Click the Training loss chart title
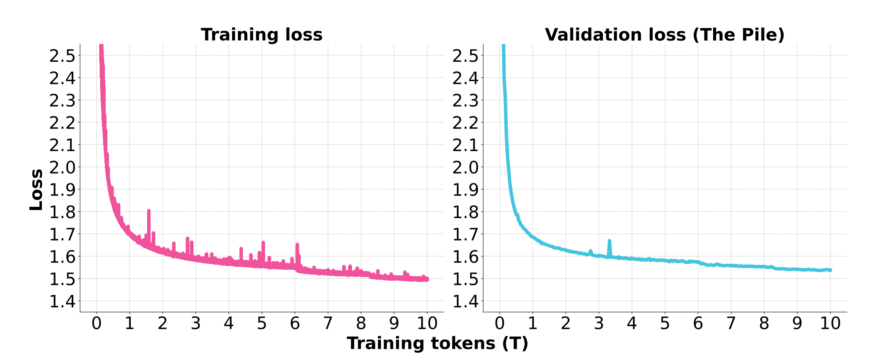click(261, 35)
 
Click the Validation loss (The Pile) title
click(664, 35)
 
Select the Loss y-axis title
click(36, 189)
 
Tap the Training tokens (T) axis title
click(437, 344)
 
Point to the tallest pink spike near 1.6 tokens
click(149, 212)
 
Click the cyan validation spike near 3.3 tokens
click(609, 242)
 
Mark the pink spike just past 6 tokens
click(297, 246)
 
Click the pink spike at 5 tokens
click(263, 243)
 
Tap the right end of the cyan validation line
click(830, 270)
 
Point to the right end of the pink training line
click(427, 279)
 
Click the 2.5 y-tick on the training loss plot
click(62, 56)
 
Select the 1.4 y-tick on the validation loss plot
click(465, 301)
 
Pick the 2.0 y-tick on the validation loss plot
click(465, 167)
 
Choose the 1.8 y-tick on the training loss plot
click(62, 212)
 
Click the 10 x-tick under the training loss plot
click(427, 323)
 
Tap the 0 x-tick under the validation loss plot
click(500, 323)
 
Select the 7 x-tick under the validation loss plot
click(731, 323)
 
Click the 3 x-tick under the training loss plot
click(195, 323)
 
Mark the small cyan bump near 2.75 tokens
click(590, 251)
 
